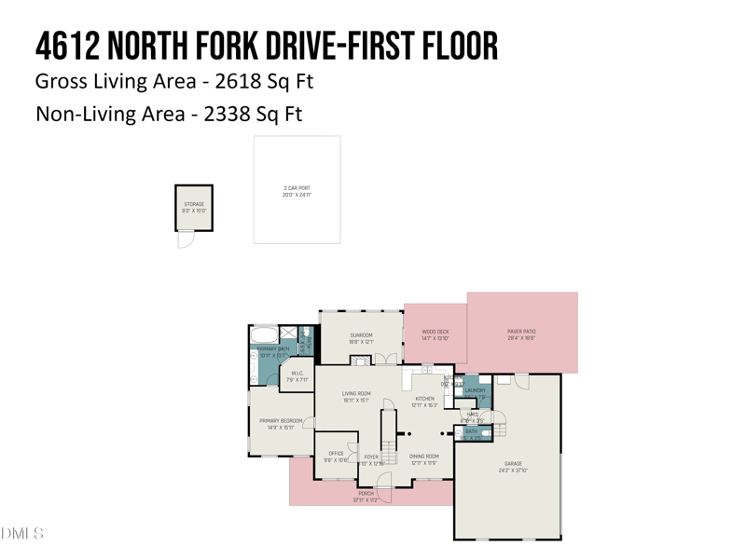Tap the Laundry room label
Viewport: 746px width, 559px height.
475,391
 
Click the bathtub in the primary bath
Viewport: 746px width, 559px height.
264,334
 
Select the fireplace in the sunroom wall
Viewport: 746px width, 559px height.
361,361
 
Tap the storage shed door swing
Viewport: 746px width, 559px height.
185,239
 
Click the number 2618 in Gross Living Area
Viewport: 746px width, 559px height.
240,81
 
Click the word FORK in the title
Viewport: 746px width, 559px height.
239,45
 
